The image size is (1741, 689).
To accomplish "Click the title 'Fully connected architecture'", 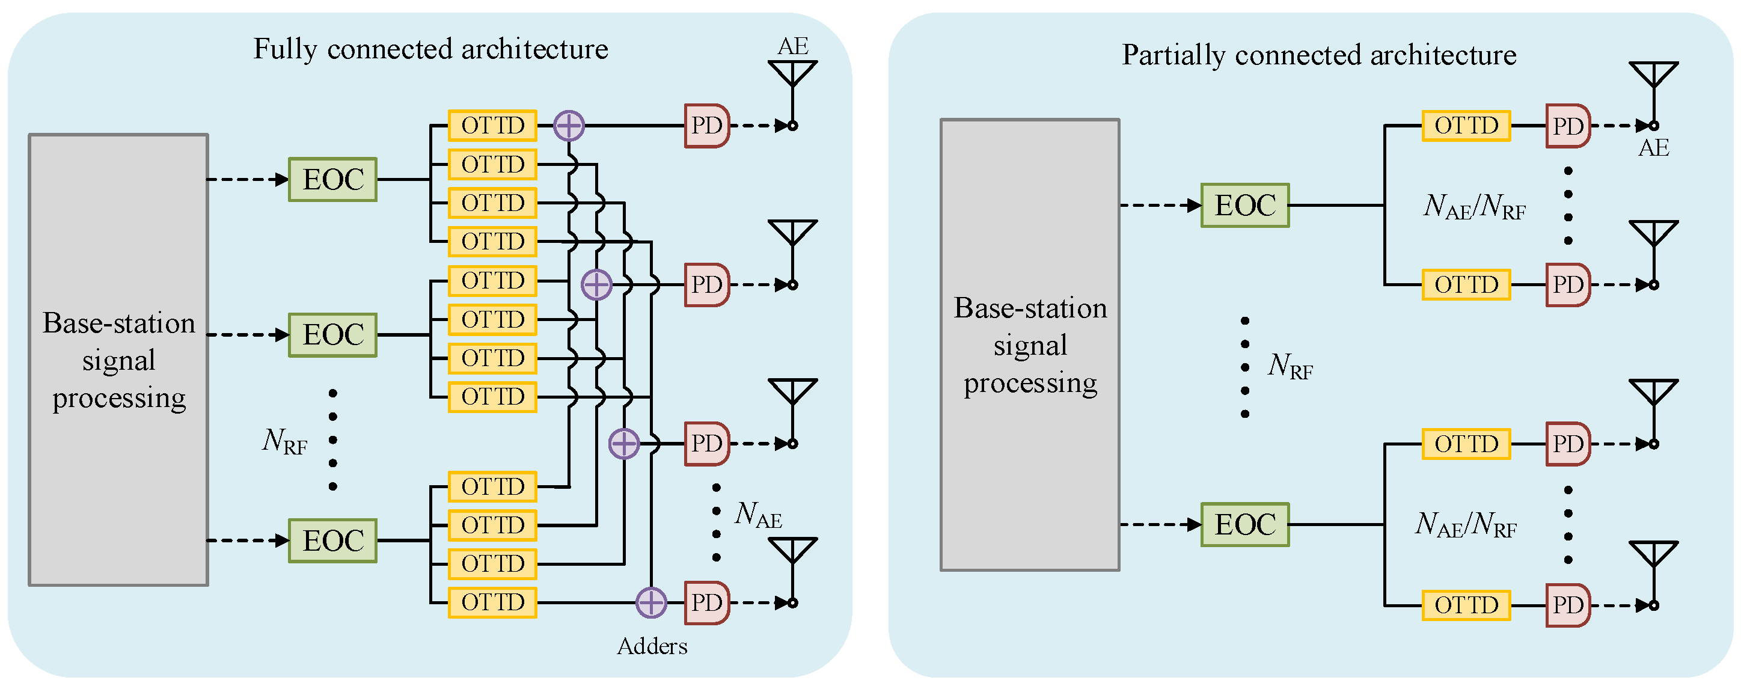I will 430,49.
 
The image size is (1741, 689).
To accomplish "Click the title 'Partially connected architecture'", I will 1318,55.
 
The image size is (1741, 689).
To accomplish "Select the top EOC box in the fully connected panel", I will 332,180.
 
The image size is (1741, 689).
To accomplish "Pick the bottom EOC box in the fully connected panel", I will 332,541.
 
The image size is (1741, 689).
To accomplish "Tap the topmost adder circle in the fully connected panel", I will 568,126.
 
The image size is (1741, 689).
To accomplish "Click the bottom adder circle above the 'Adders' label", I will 651,602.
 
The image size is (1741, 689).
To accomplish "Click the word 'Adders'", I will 652,646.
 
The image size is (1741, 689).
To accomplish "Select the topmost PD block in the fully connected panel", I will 706,126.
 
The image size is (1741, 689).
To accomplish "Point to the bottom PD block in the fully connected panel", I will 706,602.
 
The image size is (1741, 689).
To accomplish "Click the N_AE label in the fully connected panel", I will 757,515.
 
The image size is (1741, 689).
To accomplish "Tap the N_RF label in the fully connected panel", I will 284,441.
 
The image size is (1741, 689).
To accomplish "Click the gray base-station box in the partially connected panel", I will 1029,345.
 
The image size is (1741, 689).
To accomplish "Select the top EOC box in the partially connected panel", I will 1244,206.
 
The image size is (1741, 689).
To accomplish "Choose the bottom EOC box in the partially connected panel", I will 1244,525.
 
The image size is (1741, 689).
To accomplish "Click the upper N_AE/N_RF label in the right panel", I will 1474,206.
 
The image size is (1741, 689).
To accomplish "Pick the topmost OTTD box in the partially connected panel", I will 1466,126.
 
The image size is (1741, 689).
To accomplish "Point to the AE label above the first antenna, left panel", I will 793,46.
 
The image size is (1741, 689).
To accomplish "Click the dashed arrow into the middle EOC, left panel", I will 247,335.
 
